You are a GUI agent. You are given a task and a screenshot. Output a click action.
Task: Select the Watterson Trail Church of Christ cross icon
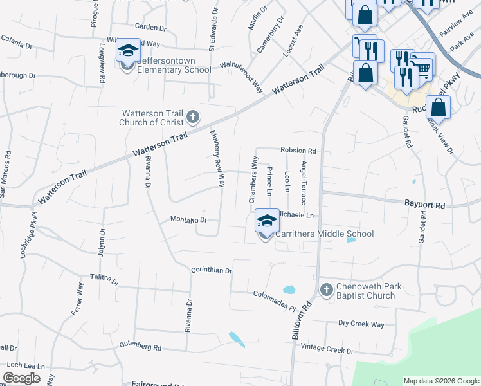click(192, 118)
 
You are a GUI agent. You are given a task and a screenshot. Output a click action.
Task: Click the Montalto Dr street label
click(188, 219)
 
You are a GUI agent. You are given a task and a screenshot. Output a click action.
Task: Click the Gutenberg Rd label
click(140, 347)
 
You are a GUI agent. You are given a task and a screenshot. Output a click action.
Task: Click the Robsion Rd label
click(298, 151)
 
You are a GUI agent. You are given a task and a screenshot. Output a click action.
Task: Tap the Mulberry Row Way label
click(217, 158)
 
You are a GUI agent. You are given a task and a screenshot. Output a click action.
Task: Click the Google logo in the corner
click(21, 378)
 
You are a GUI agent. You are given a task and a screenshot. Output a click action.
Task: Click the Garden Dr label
click(150, 27)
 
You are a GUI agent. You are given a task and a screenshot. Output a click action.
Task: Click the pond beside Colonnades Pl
click(289, 289)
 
